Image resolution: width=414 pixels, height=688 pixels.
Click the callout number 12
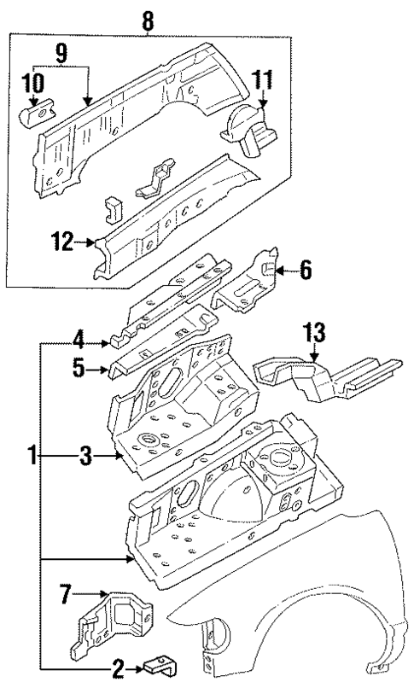tap(69, 243)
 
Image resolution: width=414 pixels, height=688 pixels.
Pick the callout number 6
tap(305, 271)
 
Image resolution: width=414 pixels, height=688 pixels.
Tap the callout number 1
tap(32, 458)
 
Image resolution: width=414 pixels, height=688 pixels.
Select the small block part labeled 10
tap(36, 110)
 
